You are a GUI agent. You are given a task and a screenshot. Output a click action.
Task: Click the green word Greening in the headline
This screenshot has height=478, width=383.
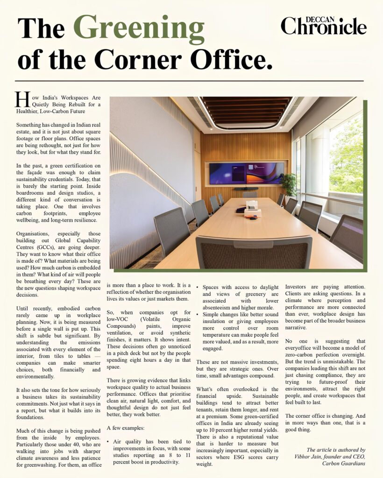pos(139,28)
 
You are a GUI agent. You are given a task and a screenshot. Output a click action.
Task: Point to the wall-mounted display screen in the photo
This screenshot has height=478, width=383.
pos(246,173)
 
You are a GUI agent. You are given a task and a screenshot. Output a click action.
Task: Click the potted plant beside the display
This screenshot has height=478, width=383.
pos(289,183)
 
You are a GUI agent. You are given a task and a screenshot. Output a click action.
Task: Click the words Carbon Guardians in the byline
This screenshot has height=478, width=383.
pos(344,463)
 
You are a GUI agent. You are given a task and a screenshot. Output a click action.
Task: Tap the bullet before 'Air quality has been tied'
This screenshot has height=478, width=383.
pos(108,441)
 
